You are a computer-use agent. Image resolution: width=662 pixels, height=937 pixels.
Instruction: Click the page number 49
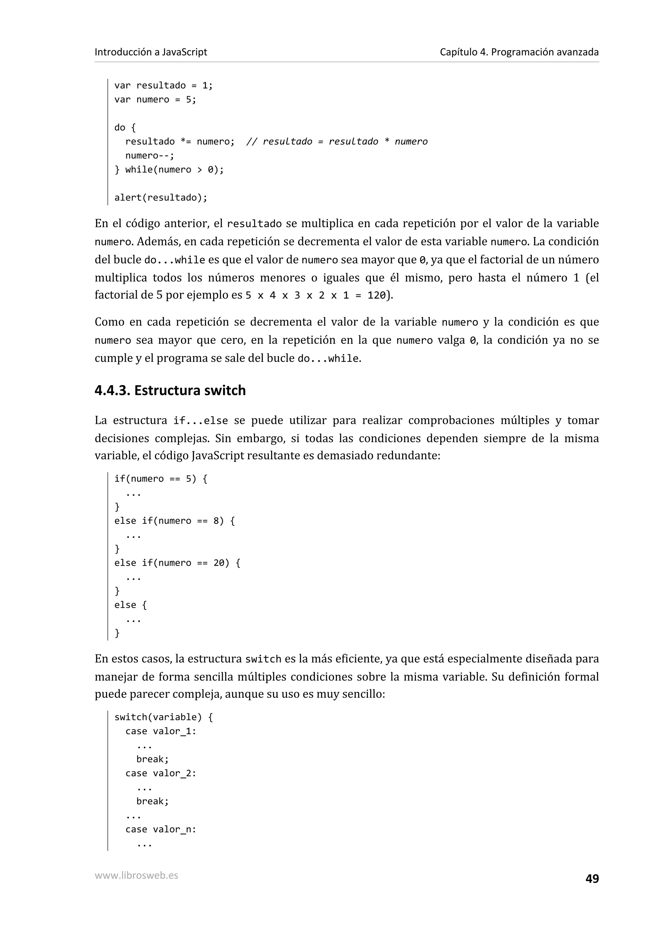point(592,878)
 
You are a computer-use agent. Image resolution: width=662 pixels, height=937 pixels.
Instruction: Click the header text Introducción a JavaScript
point(151,52)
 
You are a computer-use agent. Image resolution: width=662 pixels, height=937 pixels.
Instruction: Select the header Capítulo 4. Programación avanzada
point(519,52)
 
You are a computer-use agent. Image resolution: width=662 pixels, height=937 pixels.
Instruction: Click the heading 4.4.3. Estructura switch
point(170,391)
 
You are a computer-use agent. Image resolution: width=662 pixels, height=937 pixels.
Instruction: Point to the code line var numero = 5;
point(155,100)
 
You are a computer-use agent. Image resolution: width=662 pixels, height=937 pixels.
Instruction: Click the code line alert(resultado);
point(161,198)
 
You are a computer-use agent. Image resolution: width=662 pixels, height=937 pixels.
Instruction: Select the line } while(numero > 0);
point(169,169)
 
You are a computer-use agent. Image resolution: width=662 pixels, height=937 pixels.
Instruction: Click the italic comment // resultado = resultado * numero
point(337,142)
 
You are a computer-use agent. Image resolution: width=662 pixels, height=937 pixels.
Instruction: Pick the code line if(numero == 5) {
point(161,479)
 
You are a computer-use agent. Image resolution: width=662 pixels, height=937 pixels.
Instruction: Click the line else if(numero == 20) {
point(177,563)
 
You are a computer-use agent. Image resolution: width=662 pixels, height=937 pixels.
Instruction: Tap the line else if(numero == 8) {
point(175,521)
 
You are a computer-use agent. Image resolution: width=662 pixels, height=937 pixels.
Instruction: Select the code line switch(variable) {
point(164,717)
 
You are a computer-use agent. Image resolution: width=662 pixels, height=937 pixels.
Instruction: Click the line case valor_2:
point(161,773)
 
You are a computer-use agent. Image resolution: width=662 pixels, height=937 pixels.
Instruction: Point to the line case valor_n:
point(161,829)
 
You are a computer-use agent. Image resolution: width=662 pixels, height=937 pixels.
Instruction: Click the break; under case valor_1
point(152,759)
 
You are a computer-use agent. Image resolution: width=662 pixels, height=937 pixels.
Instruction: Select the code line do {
point(125,127)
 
